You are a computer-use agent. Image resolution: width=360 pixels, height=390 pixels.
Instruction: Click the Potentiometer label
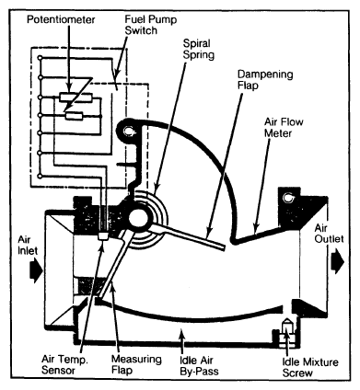point(61,20)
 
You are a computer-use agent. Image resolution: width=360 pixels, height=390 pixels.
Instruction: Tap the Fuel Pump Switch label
point(151,25)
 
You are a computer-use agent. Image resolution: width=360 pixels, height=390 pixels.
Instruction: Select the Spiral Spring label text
point(198,49)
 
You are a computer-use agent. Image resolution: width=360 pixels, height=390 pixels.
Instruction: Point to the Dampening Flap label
point(265,80)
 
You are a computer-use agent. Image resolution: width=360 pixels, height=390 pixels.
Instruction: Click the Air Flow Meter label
point(284,128)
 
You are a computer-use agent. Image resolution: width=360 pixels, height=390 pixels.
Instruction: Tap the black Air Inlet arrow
point(36,270)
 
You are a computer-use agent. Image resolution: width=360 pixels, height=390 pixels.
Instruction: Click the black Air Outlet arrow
point(339,260)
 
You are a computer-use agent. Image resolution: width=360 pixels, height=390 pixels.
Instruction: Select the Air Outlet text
point(329,234)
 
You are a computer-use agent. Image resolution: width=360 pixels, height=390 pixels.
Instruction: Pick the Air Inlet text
point(28,245)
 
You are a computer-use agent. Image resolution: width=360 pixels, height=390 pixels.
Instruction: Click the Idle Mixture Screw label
point(310,367)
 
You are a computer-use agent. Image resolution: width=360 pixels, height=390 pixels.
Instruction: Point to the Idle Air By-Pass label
point(199,365)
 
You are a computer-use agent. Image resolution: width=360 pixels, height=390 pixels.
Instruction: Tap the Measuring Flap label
point(136,364)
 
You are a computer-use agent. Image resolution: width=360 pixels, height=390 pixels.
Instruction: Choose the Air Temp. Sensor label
point(64,364)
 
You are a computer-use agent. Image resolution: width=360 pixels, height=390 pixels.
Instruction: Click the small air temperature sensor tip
point(102,236)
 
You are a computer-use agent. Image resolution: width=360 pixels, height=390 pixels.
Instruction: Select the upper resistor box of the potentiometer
point(75,97)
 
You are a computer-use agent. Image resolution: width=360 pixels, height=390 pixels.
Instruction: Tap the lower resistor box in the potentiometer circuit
point(75,116)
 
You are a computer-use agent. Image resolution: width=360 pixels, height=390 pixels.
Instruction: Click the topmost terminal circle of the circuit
point(40,57)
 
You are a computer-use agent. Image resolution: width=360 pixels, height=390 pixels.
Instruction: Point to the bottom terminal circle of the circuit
point(40,176)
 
